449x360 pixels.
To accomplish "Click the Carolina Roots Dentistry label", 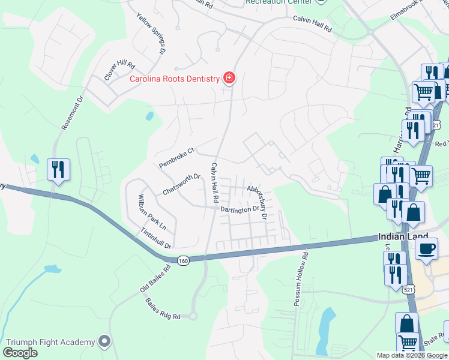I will tap(175, 79).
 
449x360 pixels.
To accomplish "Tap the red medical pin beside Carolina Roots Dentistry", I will tap(229, 78).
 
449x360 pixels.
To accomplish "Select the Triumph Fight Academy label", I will tap(50, 342).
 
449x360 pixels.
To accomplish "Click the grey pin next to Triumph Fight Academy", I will tap(105, 341).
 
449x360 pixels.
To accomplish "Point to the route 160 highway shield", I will tap(183, 260).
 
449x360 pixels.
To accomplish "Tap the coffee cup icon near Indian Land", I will tap(426, 249).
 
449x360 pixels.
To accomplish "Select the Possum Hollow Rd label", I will tap(301, 279).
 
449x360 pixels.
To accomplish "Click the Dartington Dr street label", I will tap(239, 209).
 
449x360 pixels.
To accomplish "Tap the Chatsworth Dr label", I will tap(181, 185).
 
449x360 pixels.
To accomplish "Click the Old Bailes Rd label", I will tap(155, 279).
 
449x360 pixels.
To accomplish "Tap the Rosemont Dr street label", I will tap(70, 113).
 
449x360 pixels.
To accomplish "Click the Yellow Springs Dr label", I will tap(150, 34).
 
